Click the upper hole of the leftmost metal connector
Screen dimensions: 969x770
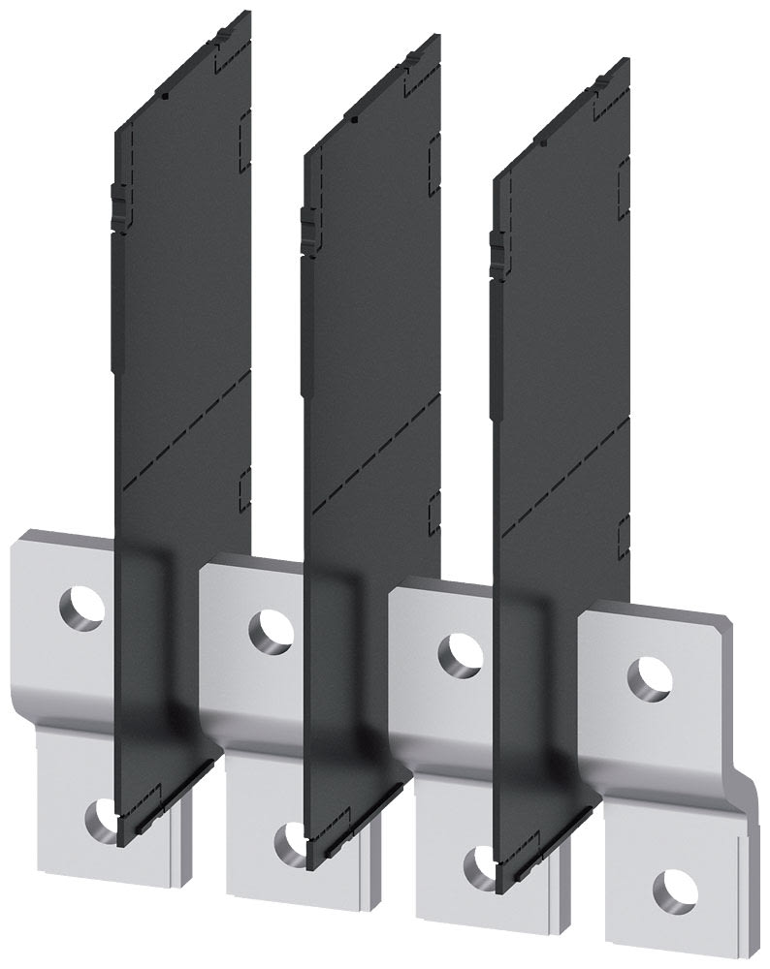tap(80, 609)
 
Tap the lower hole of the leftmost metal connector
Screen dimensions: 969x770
tap(101, 818)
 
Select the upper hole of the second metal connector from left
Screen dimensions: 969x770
tap(271, 631)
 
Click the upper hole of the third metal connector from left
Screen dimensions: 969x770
tap(460, 653)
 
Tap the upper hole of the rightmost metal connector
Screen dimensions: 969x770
tap(651, 675)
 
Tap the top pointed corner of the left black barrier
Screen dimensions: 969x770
tap(249, 12)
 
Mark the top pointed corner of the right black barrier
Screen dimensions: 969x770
tap(627, 60)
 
